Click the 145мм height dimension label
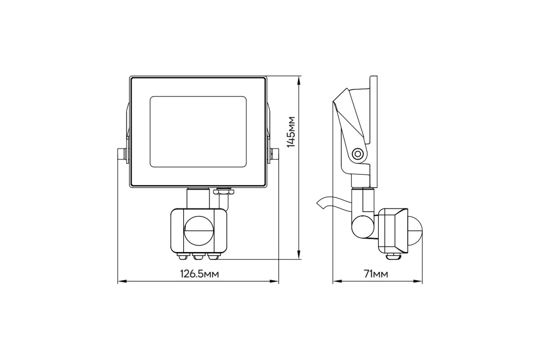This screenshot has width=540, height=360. [x=291, y=132]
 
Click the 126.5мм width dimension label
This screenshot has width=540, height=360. [x=200, y=274]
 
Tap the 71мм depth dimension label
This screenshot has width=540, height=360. [x=376, y=274]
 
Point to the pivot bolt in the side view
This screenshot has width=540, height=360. [x=357, y=153]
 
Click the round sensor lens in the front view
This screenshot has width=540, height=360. [x=199, y=231]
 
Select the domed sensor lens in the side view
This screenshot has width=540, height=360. [x=415, y=231]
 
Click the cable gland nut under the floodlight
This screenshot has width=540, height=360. [x=224, y=192]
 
